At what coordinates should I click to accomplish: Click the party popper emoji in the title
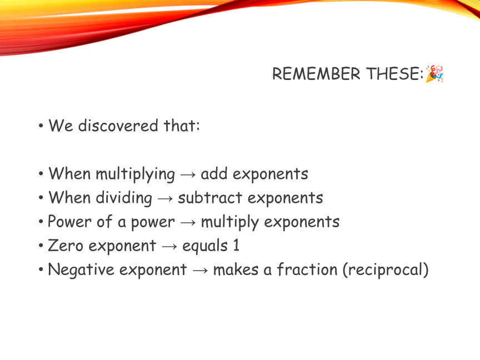coord(434,73)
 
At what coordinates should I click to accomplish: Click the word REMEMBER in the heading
coord(316,74)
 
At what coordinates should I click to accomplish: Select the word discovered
coord(118,126)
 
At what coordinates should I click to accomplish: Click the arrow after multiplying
coord(188,174)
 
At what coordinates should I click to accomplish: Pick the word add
coord(214,173)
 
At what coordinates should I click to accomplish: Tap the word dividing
coord(124,198)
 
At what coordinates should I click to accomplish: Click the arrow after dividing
coord(165,198)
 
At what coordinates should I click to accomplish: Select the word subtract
coord(210,198)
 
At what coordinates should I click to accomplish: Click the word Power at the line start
coord(69,221)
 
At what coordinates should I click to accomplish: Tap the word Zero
coord(66,246)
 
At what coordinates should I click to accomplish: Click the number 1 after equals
coord(236,246)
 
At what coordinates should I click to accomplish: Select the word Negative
coord(81,269)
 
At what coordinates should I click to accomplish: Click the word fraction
coord(307,269)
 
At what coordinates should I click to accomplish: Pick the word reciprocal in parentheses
coord(386,270)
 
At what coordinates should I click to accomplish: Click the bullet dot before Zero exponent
coord(41,246)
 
